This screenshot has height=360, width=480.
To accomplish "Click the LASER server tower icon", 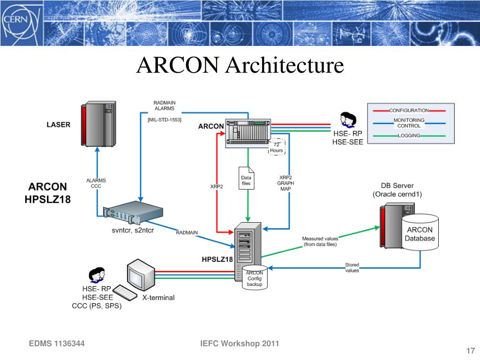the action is click(98, 124).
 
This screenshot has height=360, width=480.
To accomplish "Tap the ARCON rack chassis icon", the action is click(248, 134).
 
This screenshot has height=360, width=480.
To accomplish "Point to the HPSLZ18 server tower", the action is click(248, 251).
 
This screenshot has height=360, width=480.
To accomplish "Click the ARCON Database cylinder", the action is click(420, 232).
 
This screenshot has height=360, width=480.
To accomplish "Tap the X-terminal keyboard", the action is click(125, 292).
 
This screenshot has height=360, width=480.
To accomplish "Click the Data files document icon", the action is click(247, 178).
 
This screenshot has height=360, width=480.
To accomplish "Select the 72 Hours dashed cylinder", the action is click(277, 147).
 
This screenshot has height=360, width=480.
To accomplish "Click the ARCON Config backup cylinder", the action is click(255, 277).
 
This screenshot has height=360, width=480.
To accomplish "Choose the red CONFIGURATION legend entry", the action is click(409, 111).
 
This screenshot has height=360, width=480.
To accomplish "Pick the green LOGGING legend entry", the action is click(409, 135).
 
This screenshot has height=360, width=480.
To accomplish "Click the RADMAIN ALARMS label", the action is click(165, 105).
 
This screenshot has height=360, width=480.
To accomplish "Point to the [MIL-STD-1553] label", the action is click(165, 120).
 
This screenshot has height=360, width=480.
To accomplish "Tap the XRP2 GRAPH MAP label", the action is click(285, 183).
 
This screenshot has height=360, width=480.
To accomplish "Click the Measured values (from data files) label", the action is click(320, 241).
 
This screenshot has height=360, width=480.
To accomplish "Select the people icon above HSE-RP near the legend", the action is click(348, 120).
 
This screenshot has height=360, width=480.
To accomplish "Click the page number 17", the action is click(471, 351).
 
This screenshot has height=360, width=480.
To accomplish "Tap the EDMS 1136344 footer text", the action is click(57, 344).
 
